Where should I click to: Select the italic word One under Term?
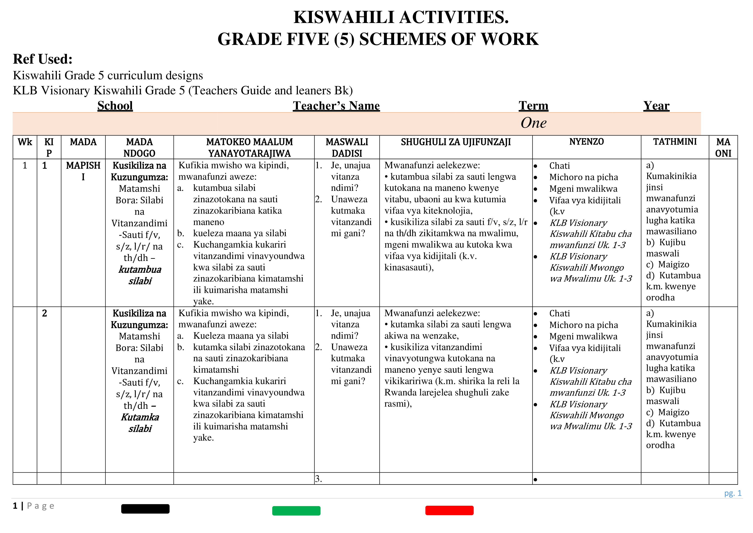pos(533,123)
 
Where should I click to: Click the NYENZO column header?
pos(586,142)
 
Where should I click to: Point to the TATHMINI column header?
pos(675,142)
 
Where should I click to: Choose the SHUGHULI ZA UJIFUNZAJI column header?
pos(455,142)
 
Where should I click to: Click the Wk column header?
pos(25,142)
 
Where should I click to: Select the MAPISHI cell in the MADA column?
pos(83,171)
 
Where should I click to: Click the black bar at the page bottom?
pos(145,509)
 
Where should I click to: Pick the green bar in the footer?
pos(296,511)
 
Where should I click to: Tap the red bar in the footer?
pos(449,510)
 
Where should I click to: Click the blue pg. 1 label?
pos(732,493)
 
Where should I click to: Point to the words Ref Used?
pos(43,59)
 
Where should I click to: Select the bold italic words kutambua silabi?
pos(140,275)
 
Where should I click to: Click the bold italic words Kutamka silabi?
pos(140,423)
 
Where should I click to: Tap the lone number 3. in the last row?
pos(319,479)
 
